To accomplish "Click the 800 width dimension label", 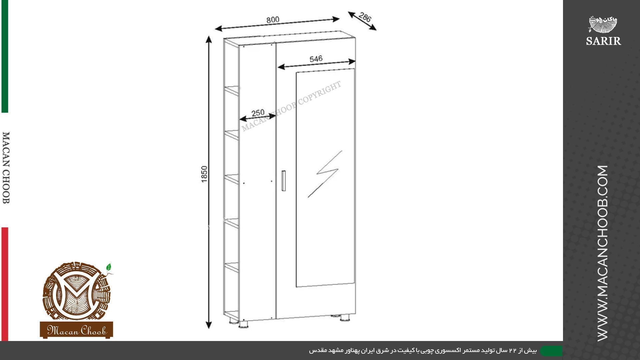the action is tap(273, 20).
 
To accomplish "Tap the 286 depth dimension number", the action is tap(365, 17).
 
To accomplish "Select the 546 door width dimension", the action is tap(316, 59).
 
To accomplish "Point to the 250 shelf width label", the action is tap(258, 113).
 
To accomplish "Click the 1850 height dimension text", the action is tap(204, 174).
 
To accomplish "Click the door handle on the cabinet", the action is tap(283, 181).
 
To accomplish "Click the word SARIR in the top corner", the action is tap(603, 41).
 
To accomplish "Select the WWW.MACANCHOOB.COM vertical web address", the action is tap(603, 253).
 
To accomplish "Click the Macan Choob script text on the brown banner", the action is tap(77, 330).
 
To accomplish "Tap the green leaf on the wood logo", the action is tap(108, 267).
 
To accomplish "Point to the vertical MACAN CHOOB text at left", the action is tap(6, 168).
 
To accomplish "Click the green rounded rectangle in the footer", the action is tap(551, 351).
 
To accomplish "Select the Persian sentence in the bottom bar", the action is tap(423, 351).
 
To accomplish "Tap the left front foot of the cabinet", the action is tap(244, 324).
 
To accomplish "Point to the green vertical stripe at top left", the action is tap(5, 56).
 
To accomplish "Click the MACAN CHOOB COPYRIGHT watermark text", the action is tap(291, 106).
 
